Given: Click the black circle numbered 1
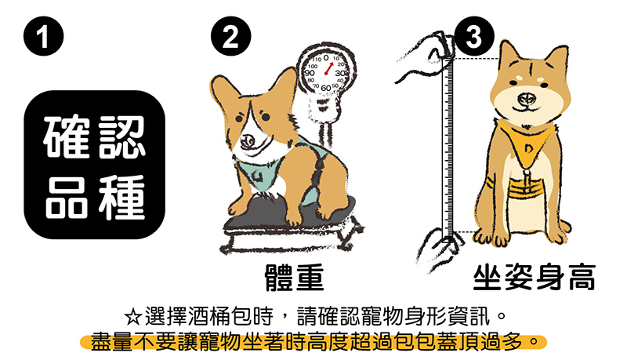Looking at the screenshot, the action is (43, 36).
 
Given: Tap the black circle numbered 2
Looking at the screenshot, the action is (230, 36).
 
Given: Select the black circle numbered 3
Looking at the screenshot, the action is (474, 36).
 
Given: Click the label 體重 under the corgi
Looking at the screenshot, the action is (295, 277).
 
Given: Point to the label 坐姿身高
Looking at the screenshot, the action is (535, 277).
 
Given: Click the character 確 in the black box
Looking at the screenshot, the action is (67, 136).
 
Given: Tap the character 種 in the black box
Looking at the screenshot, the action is (122, 198).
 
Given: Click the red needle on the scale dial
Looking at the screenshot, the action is (328, 69).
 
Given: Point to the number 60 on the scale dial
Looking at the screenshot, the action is (326, 88).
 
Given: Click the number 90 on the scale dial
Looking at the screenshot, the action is (310, 73).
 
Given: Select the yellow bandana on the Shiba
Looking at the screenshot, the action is (524, 144).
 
